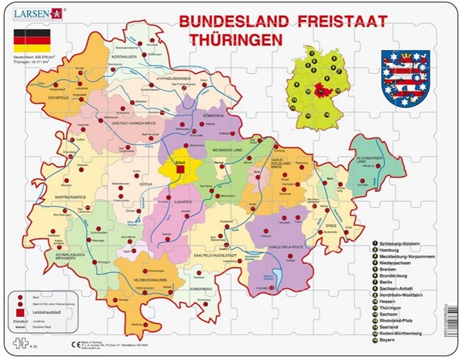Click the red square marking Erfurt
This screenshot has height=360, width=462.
(179, 171)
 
